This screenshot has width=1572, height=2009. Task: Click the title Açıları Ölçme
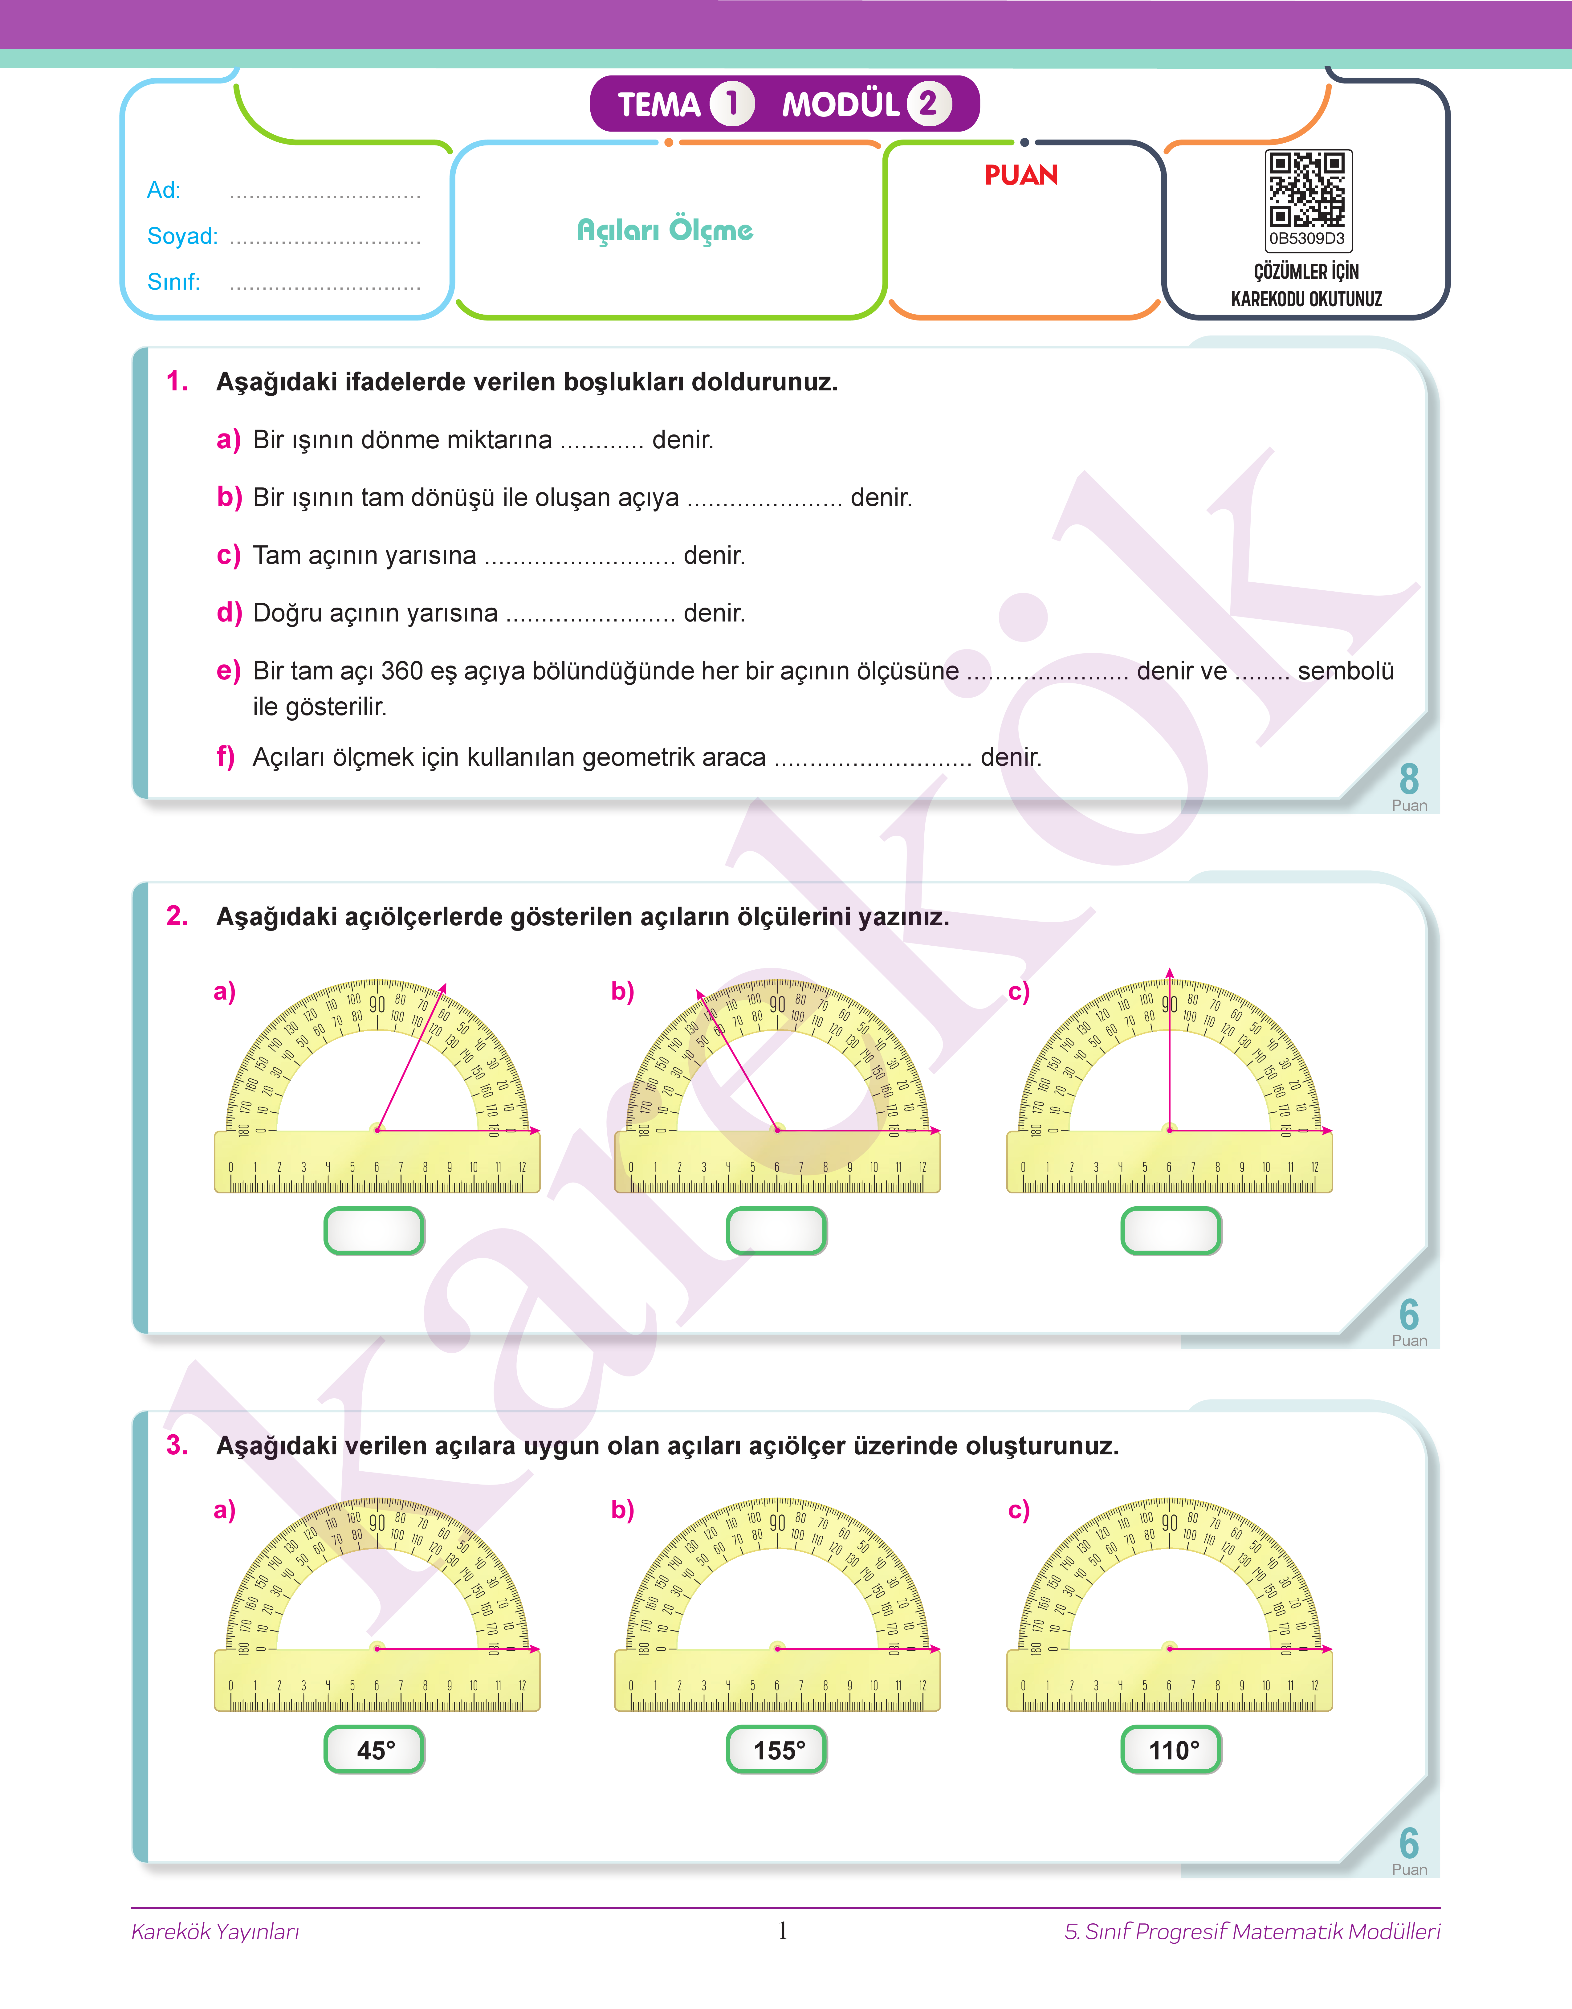[x=665, y=230]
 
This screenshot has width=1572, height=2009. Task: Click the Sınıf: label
[x=173, y=282]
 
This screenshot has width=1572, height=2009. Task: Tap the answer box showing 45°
[x=375, y=1750]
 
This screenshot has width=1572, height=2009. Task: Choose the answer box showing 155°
[x=777, y=1750]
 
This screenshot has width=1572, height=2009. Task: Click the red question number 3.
[x=177, y=1445]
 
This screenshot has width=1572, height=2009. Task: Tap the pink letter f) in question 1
[x=226, y=756]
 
